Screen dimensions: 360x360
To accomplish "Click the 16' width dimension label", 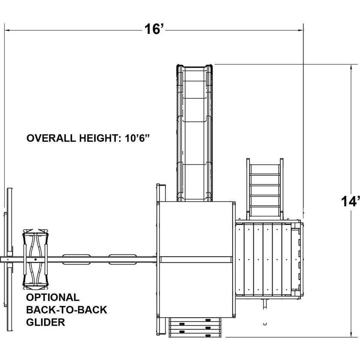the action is [155, 29].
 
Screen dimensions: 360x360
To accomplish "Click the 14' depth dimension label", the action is [350, 201].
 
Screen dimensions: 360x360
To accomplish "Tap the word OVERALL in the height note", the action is [51, 138].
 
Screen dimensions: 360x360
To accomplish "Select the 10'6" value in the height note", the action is [137, 138].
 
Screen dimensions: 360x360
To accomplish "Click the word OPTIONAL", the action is [53, 297].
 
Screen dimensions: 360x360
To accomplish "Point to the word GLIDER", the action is [45, 322].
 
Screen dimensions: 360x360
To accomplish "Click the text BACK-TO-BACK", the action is [66, 310].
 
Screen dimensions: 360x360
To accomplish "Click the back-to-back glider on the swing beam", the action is [35, 259].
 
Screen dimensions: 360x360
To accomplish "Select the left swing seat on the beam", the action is [76, 259].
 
